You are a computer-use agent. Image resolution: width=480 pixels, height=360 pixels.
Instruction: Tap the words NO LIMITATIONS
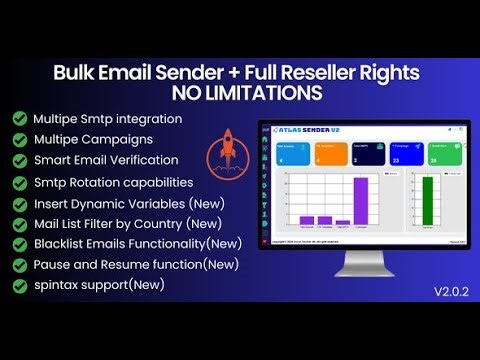(x=239, y=94)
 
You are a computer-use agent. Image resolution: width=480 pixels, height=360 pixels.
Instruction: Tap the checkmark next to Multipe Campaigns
(x=19, y=139)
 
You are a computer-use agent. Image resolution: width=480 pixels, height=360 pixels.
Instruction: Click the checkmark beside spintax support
(x=19, y=285)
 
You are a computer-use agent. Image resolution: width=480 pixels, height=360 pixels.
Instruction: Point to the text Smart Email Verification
(x=105, y=160)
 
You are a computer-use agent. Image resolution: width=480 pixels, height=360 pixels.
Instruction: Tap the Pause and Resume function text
(x=136, y=264)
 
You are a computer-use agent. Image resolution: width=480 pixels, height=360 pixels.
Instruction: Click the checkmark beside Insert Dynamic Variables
(x=19, y=203)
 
